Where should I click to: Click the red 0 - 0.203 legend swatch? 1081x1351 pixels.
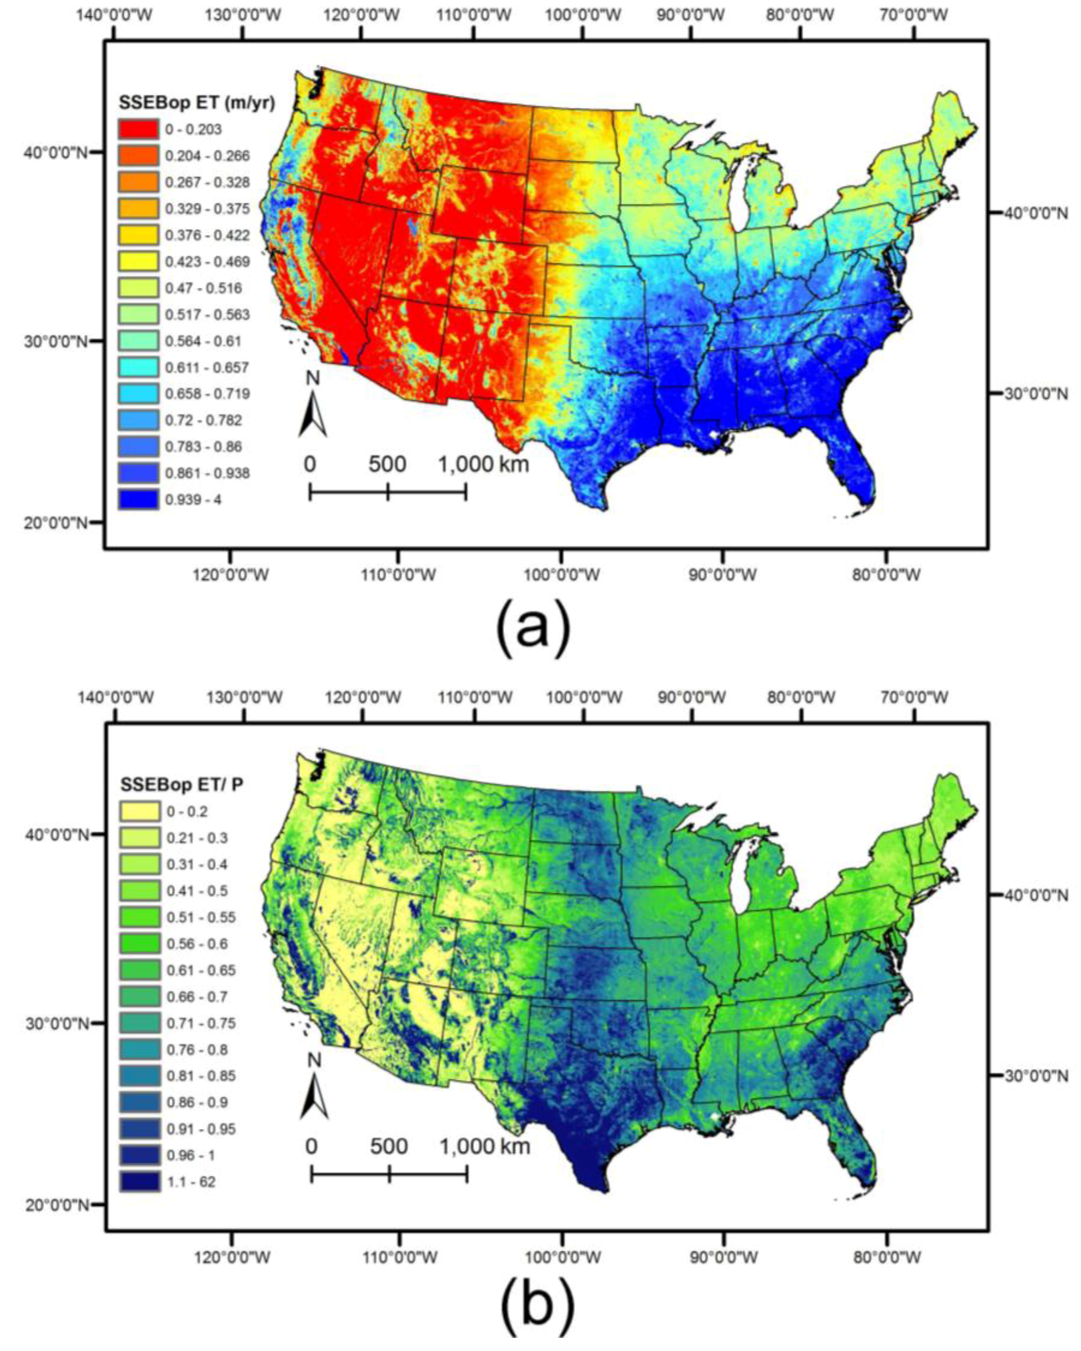138,129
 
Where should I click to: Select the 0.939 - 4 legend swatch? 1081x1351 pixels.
138,499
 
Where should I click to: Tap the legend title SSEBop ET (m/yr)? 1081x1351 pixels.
197,103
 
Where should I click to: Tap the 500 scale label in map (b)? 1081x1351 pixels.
389,1146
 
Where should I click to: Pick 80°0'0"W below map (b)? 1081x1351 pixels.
886,1255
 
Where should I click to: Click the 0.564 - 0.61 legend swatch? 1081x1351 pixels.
138,340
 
